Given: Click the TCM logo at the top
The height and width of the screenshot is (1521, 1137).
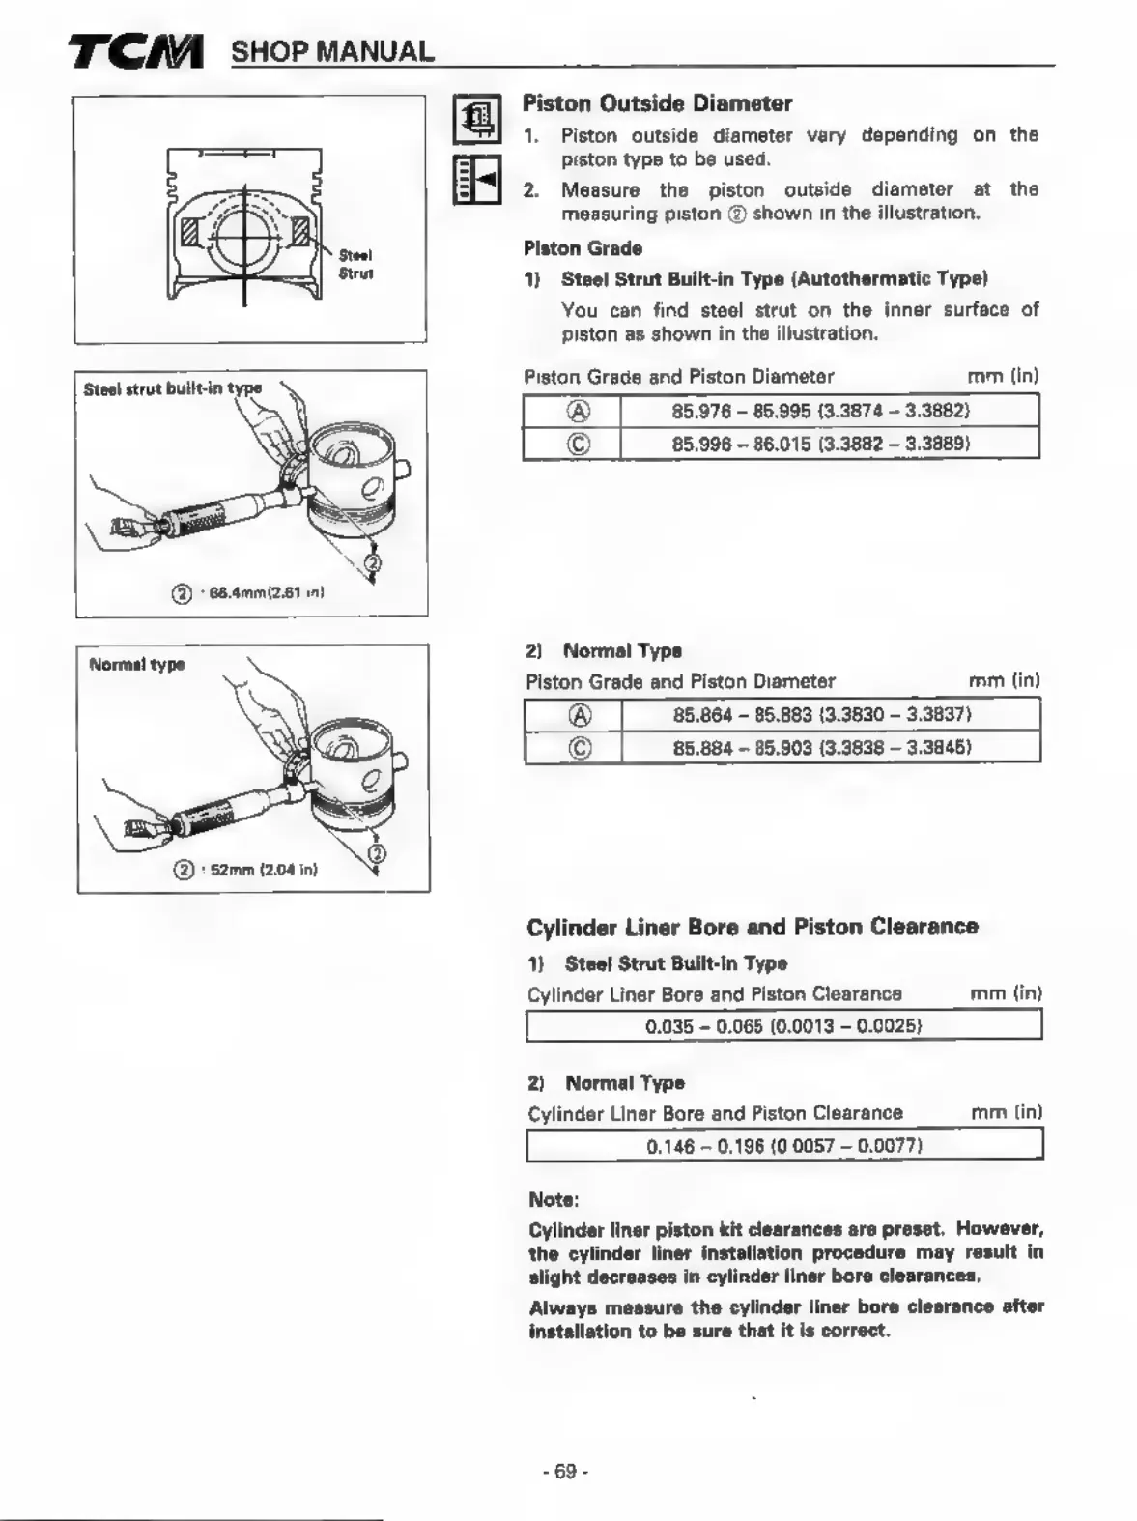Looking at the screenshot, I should point(136,51).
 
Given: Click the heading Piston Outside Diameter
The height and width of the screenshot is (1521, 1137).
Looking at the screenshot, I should point(657,103).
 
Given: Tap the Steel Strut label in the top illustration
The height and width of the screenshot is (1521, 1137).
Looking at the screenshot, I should point(355,264).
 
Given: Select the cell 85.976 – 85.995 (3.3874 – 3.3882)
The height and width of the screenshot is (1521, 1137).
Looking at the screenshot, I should point(820,411).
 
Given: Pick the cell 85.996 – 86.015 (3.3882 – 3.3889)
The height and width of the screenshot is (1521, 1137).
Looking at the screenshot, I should point(820,444).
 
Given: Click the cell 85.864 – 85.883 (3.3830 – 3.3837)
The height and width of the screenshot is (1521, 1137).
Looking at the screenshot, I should point(821,715).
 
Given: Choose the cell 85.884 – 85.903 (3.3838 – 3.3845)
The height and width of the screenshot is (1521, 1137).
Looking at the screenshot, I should point(821,747).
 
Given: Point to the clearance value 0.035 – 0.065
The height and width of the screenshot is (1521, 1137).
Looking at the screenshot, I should point(783,1025).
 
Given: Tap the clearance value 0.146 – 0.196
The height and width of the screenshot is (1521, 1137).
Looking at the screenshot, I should point(783,1146).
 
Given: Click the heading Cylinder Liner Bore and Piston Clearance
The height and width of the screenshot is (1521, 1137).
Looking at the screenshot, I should point(752,927).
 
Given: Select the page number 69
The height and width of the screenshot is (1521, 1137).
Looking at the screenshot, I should point(565,1472).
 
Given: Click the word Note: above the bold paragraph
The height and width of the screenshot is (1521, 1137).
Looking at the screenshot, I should point(554,1200).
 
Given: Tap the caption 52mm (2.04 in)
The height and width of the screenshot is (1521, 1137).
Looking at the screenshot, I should point(258,869).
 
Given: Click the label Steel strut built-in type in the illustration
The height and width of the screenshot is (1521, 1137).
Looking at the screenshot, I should point(172,389).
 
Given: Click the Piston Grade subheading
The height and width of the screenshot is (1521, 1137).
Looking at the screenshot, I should point(583,248).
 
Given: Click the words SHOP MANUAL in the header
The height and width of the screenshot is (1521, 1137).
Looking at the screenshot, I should point(331,51).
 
